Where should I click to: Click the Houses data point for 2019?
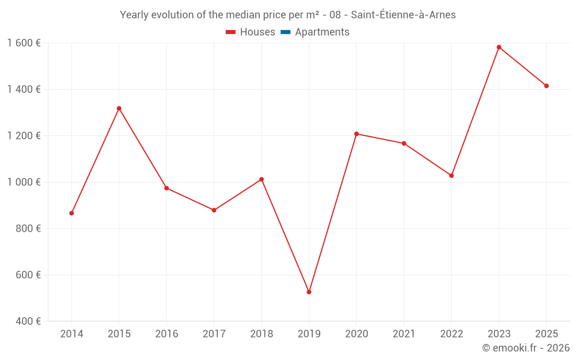click(x=309, y=292)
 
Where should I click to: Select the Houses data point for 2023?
click(x=499, y=47)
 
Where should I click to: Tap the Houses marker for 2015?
click(x=119, y=108)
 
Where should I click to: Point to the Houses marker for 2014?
click(x=71, y=213)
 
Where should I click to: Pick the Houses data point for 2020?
click(x=357, y=134)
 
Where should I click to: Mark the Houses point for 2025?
click(x=547, y=86)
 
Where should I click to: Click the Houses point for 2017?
click(x=214, y=210)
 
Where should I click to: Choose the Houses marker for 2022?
click(x=452, y=176)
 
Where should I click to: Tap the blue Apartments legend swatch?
click(x=285, y=32)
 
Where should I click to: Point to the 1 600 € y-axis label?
click(x=24, y=43)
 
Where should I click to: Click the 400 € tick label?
click(x=28, y=321)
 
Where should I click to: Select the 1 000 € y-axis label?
click(x=24, y=182)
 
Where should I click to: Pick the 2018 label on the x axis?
click(x=262, y=334)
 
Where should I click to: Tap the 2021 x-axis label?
click(x=404, y=334)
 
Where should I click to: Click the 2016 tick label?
click(x=166, y=334)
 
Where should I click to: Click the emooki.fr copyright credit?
click(x=526, y=348)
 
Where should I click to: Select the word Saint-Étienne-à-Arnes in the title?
click(x=401, y=15)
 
